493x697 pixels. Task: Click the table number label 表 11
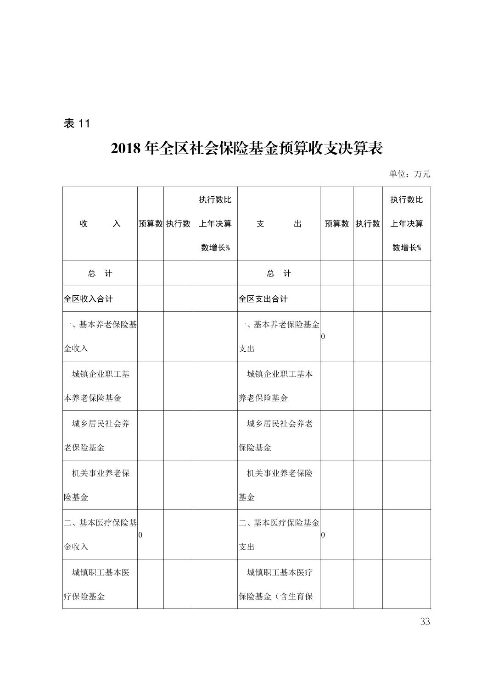(77, 123)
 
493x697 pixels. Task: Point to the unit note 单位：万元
(409, 174)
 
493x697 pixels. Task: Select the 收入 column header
(100, 224)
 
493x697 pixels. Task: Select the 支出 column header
(279, 224)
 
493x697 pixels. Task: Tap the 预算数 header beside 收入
(151, 224)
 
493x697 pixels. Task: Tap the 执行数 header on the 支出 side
(368, 224)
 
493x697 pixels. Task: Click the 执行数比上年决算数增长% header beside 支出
(407, 224)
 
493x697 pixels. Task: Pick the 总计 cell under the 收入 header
(100, 273)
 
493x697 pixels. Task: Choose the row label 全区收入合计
(88, 299)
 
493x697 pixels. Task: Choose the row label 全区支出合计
(263, 299)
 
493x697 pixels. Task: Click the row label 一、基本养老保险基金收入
(100, 336)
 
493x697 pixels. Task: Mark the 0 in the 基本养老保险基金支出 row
(323, 337)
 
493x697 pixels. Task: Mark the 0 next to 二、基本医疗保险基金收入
(140, 535)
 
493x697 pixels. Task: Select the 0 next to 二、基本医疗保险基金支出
(323, 535)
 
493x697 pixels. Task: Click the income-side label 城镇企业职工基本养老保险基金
(100, 386)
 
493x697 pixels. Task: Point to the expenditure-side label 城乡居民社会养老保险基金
(279, 435)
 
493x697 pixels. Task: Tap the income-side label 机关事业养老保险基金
(100, 485)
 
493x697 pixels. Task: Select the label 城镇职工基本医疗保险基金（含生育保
(279, 584)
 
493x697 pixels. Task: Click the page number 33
(425, 622)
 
